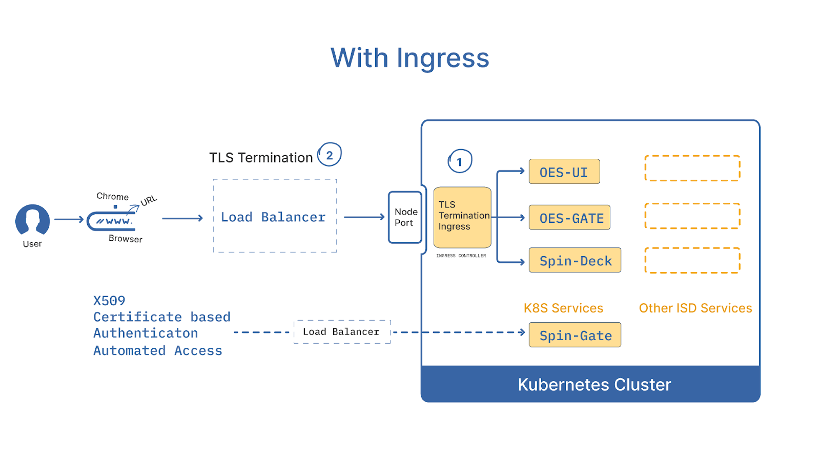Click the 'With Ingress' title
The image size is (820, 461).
[410, 58]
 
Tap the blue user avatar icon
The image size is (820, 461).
[32, 220]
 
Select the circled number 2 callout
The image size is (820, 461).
[330, 155]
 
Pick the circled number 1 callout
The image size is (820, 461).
[460, 161]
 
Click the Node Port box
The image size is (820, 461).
[405, 217]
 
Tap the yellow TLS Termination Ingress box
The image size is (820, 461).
[462, 217]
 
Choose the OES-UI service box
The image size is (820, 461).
[564, 172]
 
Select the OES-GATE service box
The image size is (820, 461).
[569, 218]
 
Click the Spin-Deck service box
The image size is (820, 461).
[575, 260]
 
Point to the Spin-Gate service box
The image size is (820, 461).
[575, 335]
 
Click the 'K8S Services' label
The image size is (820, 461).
[563, 308]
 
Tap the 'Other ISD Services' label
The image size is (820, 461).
[695, 308]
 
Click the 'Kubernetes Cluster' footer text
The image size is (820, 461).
[594, 385]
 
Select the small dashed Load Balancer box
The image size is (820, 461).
[342, 332]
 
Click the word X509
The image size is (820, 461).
[109, 301]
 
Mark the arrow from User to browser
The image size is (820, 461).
[69, 220]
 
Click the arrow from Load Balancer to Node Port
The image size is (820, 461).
[364, 217]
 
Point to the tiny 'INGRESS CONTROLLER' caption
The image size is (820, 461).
[461, 256]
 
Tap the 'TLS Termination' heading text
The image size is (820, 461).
[261, 157]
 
